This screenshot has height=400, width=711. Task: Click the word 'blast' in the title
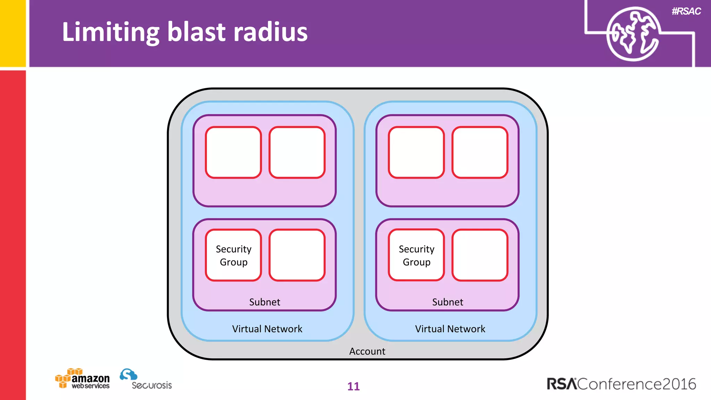(196, 32)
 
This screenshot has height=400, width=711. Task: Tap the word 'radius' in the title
(270, 32)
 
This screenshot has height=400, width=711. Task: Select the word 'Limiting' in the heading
(110, 32)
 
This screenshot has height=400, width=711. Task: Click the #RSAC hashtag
(686, 11)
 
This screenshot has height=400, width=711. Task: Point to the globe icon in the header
(633, 34)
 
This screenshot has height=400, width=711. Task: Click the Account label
(367, 351)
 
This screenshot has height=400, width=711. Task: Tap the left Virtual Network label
(267, 329)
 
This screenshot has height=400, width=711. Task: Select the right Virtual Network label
(450, 329)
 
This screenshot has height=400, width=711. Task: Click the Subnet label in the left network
(265, 302)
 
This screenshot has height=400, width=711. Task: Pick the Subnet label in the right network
(447, 302)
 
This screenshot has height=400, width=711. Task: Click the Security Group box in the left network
(233, 255)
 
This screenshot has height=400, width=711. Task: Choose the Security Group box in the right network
(416, 255)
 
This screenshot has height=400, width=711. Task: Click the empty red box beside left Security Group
(297, 255)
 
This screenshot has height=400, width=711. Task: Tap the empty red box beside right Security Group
(480, 255)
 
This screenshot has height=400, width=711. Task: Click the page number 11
(353, 386)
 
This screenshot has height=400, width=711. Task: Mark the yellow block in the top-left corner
(12, 33)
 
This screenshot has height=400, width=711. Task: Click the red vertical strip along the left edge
(12, 233)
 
